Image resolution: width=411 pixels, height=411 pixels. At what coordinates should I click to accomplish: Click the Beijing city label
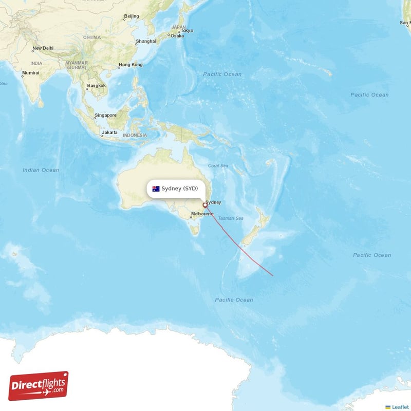point(132,16)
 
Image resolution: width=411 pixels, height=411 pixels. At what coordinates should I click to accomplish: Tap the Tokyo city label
point(186,31)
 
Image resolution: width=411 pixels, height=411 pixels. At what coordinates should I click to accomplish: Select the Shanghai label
point(146,42)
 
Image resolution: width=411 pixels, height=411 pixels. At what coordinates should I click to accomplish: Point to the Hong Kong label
point(130,65)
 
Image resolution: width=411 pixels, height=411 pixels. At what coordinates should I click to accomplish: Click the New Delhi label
point(43,49)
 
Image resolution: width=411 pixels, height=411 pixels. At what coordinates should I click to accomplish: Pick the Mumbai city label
point(30,73)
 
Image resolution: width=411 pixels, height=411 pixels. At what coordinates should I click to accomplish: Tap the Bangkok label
point(97,86)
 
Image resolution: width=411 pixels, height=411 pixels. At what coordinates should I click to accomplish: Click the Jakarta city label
point(109,133)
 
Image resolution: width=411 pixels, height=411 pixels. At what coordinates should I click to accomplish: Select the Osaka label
point(177,36)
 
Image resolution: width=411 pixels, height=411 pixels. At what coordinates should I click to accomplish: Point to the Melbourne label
point(202,214)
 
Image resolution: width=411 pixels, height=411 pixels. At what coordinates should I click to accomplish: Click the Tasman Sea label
point(231,218)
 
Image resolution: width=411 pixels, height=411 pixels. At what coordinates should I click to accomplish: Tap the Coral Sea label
point(218,165)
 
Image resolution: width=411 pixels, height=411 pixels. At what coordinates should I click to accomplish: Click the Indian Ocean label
point(41,170)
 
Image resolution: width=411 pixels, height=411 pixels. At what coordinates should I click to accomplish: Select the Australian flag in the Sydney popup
point(156,189)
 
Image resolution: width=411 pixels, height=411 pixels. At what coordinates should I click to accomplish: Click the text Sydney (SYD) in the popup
point(179,189)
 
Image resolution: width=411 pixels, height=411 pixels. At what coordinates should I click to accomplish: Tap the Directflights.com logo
point(39,385)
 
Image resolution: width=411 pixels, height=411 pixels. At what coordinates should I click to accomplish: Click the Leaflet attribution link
point(400,407)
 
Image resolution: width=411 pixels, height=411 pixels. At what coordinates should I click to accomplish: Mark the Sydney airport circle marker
point(204,206)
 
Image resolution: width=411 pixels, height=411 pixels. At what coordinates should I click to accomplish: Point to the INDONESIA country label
point(135,136)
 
